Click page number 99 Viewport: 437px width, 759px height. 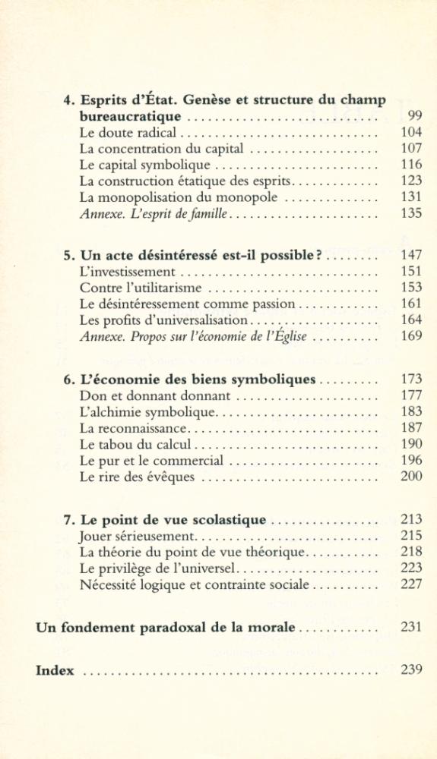414,116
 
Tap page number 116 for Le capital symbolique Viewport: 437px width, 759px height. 411,165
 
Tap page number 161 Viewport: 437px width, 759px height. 411,304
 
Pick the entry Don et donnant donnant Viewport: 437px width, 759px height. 154,395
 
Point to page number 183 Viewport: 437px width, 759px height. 411,411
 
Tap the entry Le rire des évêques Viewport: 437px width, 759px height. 137,477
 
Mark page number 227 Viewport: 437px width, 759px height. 411,585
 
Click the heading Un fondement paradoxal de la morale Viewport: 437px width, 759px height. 166,628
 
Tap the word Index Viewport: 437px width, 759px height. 55,671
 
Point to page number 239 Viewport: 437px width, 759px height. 411,671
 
